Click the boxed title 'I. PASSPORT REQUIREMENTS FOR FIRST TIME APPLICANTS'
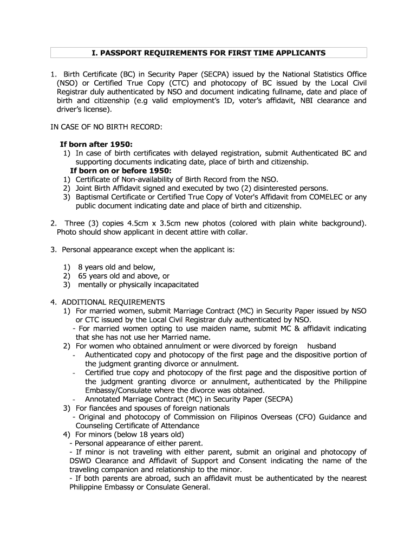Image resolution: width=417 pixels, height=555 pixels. (208, 53)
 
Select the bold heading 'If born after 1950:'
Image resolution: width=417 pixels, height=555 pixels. (96, 145)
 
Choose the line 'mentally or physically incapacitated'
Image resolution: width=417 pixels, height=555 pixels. (138, 285)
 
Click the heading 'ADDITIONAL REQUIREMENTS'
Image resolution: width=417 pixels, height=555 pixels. (113, 302)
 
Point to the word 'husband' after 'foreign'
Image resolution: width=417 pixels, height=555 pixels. (322, 346)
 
